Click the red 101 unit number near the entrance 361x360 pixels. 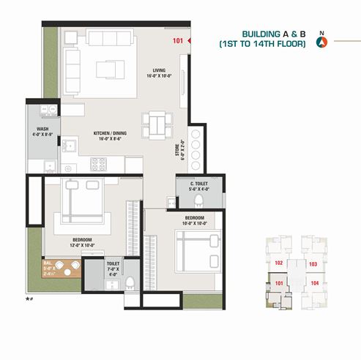click(178, 41)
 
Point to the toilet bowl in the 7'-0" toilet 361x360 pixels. click(130, 282)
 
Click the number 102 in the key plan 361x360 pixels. click(278, 263)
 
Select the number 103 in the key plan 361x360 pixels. click(313, 263)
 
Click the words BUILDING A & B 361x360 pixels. click(276, 34)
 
